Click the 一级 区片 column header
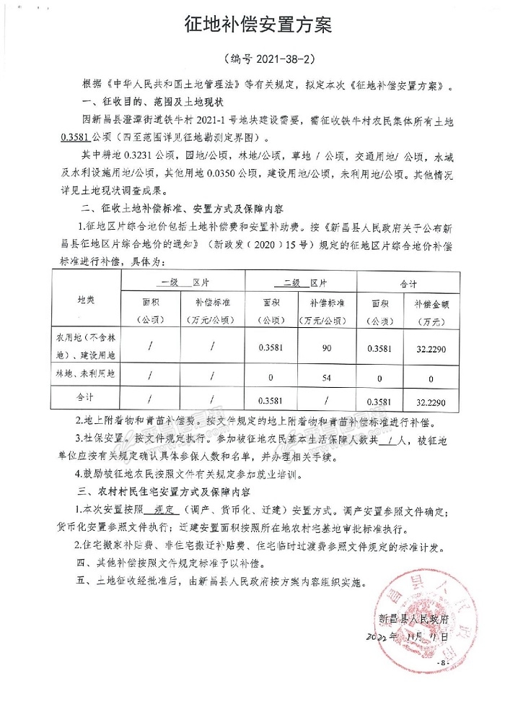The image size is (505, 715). [183, 281]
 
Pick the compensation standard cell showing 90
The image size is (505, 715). [327, 348]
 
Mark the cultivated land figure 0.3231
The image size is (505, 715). [144, 154]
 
